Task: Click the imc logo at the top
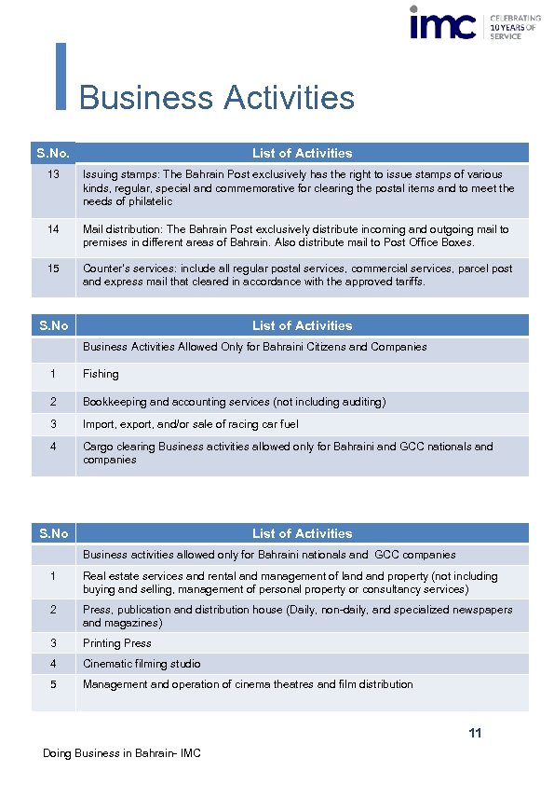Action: [x=443, y=24]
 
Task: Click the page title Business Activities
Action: [x=217, y=98]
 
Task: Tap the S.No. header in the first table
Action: [x=53, y=153]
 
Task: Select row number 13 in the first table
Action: [x=53, y=174]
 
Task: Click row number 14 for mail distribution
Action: [x=53, y=229]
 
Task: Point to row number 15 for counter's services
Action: [x=53, y=269]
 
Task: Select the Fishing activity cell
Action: [x=101, y=374]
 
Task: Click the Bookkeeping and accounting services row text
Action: [x=234, y=402]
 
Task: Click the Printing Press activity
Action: [x=117, y=643]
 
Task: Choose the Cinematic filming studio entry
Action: [x=142, y=664]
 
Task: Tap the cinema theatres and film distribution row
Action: [x=248, y=684]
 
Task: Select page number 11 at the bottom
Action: [x=475, y=734]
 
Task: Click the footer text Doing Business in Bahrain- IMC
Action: [x=122, y=753]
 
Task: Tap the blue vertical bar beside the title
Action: [x=61, y=76]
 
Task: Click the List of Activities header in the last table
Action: [x=302, y=533]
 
